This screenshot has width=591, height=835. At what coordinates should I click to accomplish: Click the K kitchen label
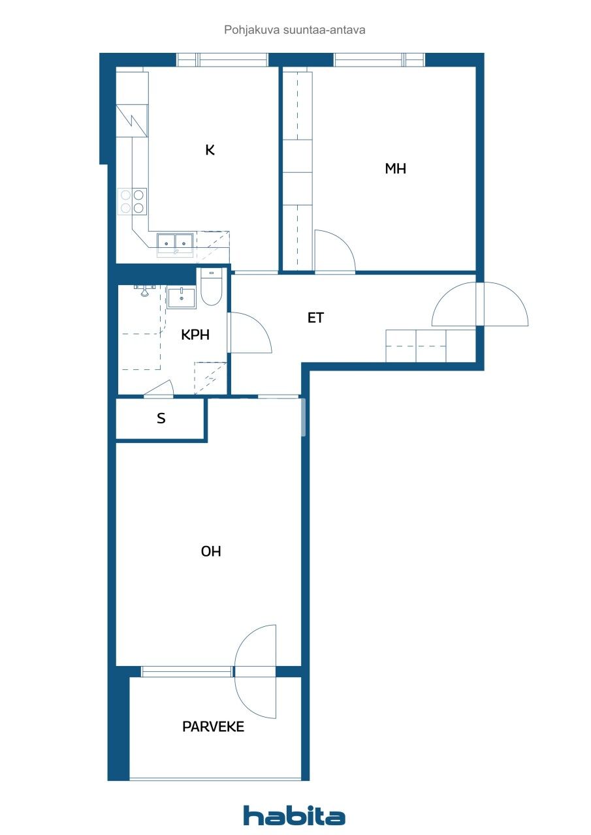pos(210,150)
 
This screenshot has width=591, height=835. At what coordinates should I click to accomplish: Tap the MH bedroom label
pos(395,168)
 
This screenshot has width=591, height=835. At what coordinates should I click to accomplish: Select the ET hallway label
pos(316,318)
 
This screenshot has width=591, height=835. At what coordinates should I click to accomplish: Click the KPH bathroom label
pos(195,335)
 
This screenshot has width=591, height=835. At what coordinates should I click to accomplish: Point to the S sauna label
pos(161,419)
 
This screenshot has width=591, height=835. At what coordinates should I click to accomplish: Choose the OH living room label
pos(211,551)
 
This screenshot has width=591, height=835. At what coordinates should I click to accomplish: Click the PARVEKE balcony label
pos(213,727)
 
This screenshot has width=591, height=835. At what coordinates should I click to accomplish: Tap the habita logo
pos(295,815)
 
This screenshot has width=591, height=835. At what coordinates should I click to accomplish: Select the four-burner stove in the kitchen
pos(132,201)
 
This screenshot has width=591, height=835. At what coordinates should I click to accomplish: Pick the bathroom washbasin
pos(182,298)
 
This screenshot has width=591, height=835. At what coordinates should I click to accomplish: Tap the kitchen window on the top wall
pos(222,60)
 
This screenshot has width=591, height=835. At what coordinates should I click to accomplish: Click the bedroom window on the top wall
pos(379,60)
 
